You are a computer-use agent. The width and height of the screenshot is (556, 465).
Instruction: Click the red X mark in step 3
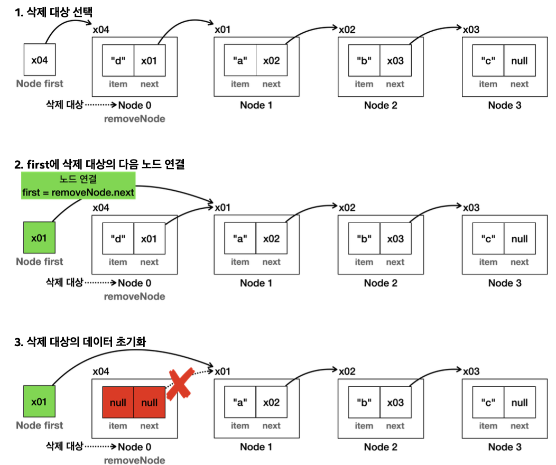point(180,384)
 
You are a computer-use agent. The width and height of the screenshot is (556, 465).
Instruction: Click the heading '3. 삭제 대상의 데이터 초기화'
point(80,342)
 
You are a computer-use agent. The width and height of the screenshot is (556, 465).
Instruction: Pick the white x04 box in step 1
point(40,60)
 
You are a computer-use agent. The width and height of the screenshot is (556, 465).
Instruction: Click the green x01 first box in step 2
point(40,238)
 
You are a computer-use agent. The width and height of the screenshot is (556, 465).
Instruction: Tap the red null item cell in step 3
point(118,403)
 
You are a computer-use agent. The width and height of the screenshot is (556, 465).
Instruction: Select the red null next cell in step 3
point(150,403)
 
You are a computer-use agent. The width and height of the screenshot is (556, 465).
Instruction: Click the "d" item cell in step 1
point(118,60)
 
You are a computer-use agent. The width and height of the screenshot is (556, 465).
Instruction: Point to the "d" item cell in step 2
point(118,238)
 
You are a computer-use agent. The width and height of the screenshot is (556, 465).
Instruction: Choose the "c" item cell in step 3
point(488,403)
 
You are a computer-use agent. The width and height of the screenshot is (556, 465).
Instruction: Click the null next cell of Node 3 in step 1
point(520,60)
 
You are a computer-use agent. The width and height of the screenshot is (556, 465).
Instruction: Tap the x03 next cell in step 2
point(395,238)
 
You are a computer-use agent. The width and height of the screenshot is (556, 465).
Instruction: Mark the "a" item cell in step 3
point(240,403)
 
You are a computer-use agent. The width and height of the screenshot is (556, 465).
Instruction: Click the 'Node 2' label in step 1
point(381,105)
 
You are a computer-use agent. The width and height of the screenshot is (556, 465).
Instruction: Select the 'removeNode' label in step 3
point(134,460)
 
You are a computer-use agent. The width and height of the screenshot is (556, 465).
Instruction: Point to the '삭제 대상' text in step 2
point(64,282)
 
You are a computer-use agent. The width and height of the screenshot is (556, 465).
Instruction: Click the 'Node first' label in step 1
point(40,83)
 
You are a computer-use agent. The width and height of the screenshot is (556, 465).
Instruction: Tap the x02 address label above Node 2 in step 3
point(347,371)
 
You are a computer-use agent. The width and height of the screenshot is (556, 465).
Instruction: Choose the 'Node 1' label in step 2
point(256,283)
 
